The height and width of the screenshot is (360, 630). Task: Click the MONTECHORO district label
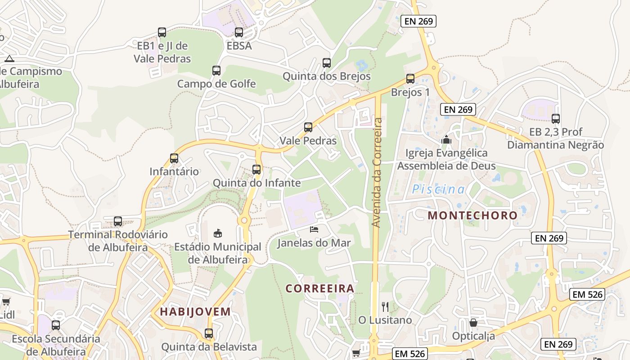[472, 215]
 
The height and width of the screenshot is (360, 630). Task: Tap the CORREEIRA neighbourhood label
[320, 288]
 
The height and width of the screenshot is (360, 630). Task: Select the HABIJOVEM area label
[195, 311]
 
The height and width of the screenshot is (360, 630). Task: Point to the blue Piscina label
[438, 189]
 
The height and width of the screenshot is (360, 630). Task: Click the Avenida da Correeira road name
[377, 172]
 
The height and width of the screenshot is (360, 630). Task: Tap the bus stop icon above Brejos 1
[410, 79]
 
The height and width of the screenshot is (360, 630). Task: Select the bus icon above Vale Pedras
[308, 127]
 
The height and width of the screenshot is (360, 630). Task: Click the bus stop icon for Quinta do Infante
[256, 170]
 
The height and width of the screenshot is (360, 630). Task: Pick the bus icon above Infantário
[174, 158]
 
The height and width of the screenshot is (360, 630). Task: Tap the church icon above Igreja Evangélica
[446, 139]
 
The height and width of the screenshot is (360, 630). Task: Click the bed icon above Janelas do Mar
[314, 229]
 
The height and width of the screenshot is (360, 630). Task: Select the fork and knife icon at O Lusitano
[385, 307]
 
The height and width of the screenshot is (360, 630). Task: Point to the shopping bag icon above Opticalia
[473, 323]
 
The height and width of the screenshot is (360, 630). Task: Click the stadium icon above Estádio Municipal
[218, 233]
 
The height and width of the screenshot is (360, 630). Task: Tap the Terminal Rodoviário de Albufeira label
[118, 241]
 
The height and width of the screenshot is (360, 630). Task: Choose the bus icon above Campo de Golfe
[216, 71]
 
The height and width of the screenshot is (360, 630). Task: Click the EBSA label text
[239, 46]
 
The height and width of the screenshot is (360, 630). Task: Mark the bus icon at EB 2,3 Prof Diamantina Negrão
[556, 119]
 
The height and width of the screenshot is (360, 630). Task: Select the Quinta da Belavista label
[209, 347]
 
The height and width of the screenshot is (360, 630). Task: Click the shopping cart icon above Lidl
[6, 301]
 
